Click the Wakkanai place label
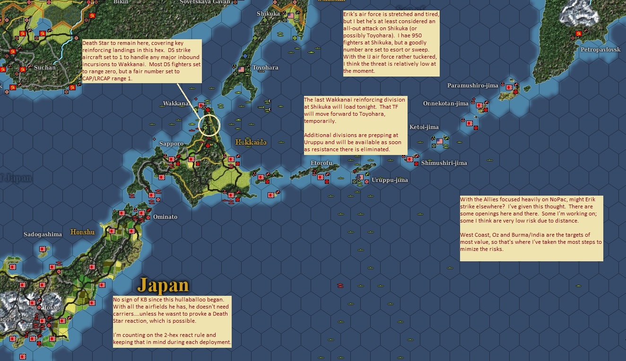pos(176,103)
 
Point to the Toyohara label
pos(265,68)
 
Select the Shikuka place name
pos(268,14)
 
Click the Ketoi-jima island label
pos(424,127)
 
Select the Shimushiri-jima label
pos(444,163)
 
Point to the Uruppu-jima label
pos(390,180)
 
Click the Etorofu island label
pos(322,163)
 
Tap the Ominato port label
pos(165,217)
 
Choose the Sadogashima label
pos(43,234)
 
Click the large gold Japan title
pos(163,285)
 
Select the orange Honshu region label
pos(83,232)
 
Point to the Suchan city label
pos(45,68)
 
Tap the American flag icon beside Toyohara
pos(242,69)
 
